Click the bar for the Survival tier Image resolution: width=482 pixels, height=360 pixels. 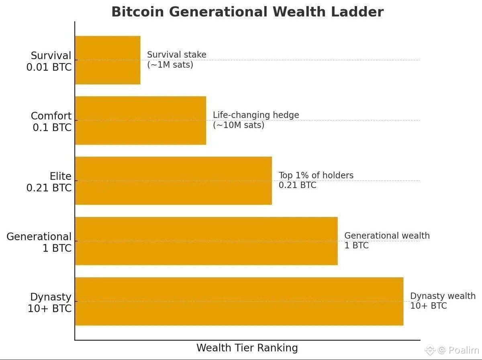pos(108,60)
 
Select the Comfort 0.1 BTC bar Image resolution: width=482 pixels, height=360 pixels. pos(141,121)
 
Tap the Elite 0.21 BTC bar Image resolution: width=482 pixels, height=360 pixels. pos(174,181)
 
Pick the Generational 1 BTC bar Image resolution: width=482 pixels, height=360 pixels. pos(206,241)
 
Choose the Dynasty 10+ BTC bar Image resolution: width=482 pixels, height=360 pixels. pos(239,301)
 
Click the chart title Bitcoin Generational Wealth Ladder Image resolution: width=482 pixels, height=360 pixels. pos(247,12)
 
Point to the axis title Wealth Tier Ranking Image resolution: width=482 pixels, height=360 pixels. pos(247,348)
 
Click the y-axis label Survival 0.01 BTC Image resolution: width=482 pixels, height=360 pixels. pos(49,61)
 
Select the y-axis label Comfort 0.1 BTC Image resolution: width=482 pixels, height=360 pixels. pos(51,121)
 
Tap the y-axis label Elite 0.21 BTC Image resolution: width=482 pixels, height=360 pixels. pos(49,182)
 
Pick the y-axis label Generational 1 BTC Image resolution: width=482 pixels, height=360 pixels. pos(39,242)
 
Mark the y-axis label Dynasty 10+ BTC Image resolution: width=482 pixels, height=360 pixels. pos(50,303)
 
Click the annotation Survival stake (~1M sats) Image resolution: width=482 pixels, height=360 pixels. pos(177,59)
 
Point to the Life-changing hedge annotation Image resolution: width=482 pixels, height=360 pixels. pos(256,120)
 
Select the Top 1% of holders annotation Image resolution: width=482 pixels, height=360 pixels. pos(316,180)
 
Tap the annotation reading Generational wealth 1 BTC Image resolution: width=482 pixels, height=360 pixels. pos(387,240)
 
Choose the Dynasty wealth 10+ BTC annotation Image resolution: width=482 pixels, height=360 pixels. pos(443,301)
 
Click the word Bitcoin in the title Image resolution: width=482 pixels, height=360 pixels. pos(138,12)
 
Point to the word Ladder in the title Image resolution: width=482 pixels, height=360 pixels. pos(357,12)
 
